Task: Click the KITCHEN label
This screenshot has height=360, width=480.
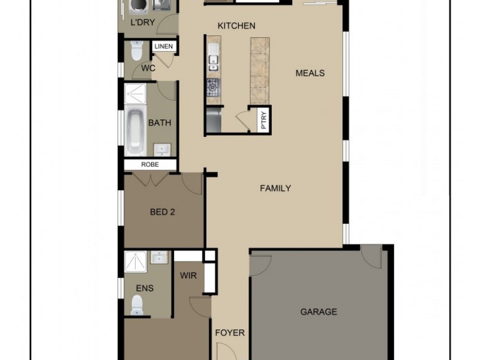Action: (x=236, y=26)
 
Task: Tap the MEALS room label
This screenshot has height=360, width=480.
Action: (x=310, y=73)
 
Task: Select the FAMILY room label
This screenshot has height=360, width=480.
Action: (x=275, y=188)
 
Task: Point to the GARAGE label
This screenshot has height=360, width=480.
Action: (x=318, y=312)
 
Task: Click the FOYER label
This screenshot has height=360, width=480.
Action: (x=230, y=332)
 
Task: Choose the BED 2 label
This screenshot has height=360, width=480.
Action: (x=162, y=211)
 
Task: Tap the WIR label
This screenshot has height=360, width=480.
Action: (x=188, y=276)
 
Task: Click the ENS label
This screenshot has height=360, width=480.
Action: (x=145, y=289)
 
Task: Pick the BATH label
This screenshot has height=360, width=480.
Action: (x=160, y=123)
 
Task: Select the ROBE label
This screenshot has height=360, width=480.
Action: (x=149, y=164)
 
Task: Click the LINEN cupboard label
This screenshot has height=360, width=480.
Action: (x=163, y=47)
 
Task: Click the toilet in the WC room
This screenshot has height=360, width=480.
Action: (x=136, y=51)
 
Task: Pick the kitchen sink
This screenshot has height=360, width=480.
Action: (x=214, y=58)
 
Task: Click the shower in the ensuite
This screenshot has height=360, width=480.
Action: (x=136, y=263)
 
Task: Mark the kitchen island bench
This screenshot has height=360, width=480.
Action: (x=260, y=69)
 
